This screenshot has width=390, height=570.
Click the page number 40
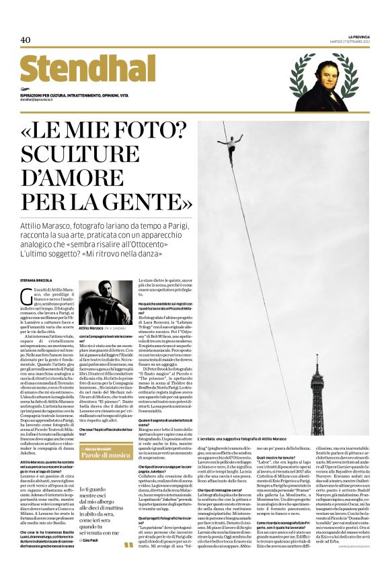tap(26, 40)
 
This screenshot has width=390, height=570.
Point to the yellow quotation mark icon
tap(128, 545)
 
